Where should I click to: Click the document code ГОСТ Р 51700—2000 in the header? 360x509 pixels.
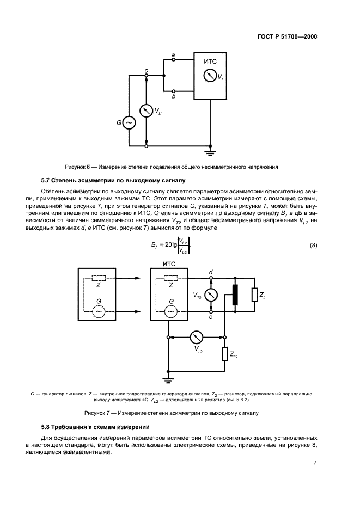coord(287,37)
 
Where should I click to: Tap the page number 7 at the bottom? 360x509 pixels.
coord(315,462)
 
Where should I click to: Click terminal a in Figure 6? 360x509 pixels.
coord(173,60)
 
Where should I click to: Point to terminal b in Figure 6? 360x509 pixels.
coord(173,91)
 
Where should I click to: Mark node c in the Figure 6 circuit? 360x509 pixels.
coord(146,76)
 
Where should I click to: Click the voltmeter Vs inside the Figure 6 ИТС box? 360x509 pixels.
coord(210,76)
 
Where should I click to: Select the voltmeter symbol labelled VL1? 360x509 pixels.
coord(146,111)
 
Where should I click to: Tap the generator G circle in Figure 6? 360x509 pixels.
coord(129,124)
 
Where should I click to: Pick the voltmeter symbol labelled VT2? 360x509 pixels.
coord(211,295)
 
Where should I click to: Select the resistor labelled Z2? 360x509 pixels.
coord(254,295)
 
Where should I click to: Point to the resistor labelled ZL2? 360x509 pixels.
coord(224,354)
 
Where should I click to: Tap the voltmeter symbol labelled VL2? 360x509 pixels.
coord(197,337)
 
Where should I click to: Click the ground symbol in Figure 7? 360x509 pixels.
coord(169,381)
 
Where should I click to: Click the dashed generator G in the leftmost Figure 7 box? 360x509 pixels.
coord(99,311)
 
